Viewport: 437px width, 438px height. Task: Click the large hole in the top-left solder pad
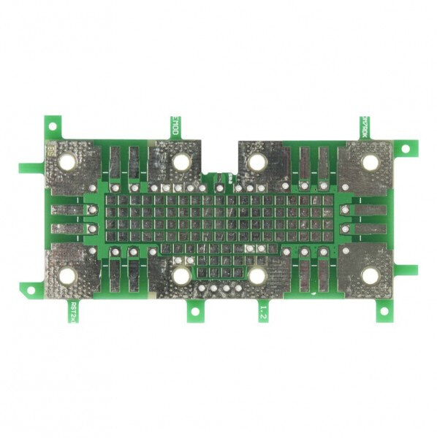click(71, 162)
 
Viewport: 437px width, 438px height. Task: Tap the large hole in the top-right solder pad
click(370, 162)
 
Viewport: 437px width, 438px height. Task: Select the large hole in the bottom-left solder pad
click(69, 276)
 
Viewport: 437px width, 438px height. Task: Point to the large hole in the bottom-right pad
click(370, 276)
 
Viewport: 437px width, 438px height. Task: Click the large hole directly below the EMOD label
click(181, 162)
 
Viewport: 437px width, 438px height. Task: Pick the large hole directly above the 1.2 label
click(257, 276)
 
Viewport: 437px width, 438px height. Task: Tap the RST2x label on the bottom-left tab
click(73, 312)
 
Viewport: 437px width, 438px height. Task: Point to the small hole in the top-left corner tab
click(53, 125)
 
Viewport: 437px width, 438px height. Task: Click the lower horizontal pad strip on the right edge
click(369, 228)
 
